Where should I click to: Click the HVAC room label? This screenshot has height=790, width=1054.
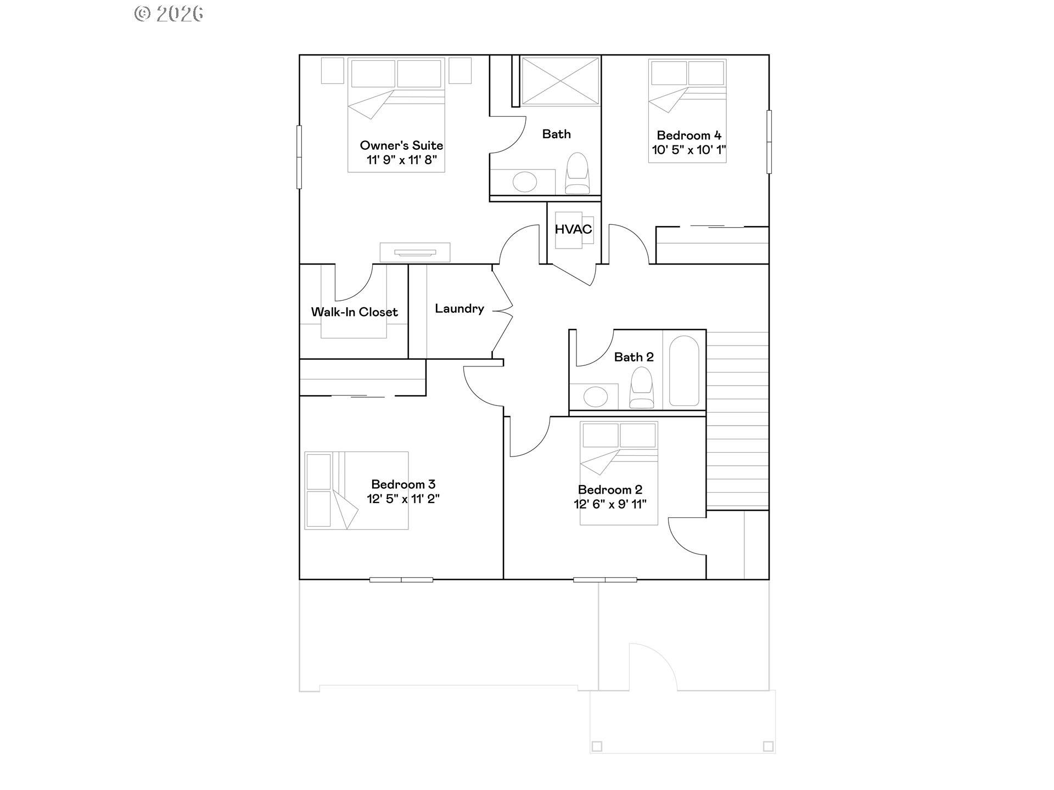pyautogui.click(x=573, y=229)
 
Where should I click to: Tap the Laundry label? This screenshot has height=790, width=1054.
pyautogui.click(x=459, y=309)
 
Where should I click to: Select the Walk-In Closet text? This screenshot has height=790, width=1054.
pyautogui.click(x=354, y=312)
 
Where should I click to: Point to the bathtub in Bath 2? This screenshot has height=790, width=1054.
pyautogui.click(x=684, y=371)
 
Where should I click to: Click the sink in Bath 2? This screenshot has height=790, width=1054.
pyautogui.click(x=596, y=396)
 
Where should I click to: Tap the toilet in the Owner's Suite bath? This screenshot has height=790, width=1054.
pyautogui.click(x=577, y=173)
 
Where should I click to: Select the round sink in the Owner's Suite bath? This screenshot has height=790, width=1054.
pyautogui.click(x=525, y=182)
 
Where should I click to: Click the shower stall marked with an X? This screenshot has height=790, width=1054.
pyautogui.click(x=560, y=81)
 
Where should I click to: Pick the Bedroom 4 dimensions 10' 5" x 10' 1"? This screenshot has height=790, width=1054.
pyautogui.click(x=689, y=150)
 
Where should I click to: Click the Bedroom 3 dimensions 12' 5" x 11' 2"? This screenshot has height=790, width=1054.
pyautogui.click(x=403, y=499)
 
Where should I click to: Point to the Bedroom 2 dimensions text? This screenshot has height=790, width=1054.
pyautogui.click(x=610, y=504)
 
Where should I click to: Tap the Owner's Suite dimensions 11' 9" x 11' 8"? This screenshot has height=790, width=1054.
pyautogui.click(x=402, y=160)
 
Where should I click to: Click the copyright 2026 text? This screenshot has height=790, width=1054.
pyautogui.click(x=169, y=14)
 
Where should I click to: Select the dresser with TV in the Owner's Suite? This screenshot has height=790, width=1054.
pyautogui.click(x=415, y=252)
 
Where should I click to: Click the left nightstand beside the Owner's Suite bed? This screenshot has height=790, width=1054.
pyautogui.click(x=332, y=70)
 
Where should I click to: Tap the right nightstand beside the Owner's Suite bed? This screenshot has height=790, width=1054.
pyautogui.click(x=460, y=70)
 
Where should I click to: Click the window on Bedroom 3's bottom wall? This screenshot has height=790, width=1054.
pyautogui.click(x=401, y=579)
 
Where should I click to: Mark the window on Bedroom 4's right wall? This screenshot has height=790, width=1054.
pyautogui.click(x=769, y=142)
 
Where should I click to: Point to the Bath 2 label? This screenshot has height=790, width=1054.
pyautogui.click(x=633, y=357)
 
